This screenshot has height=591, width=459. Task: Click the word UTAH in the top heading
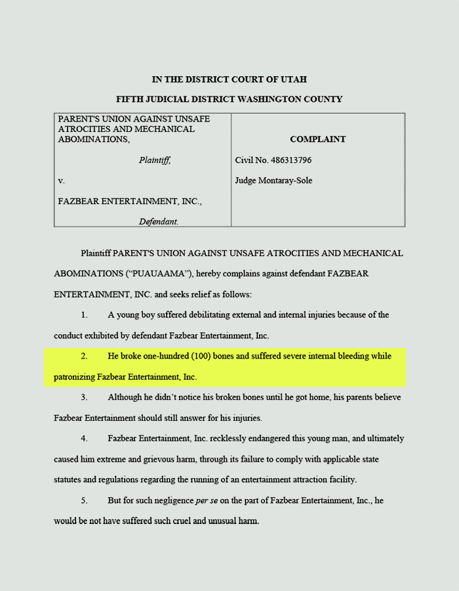[x=294, y=79]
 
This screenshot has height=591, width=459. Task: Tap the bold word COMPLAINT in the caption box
[x=317, y=139]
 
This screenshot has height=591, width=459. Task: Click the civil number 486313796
[x=287, y=160]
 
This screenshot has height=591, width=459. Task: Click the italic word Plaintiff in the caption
[x=154, y=160]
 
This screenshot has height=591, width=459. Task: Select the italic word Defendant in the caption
[x=158, y=222]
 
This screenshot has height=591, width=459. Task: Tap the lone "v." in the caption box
[x=61, y=181]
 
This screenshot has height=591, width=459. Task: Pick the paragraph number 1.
[x=85, y=315]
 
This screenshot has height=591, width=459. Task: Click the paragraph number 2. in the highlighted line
[x=85, y=356]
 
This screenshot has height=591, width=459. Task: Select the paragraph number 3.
[x=85, y=397]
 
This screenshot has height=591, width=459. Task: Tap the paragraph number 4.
[x=85, y=438]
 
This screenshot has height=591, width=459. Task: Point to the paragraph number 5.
[x=85, y=500]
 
